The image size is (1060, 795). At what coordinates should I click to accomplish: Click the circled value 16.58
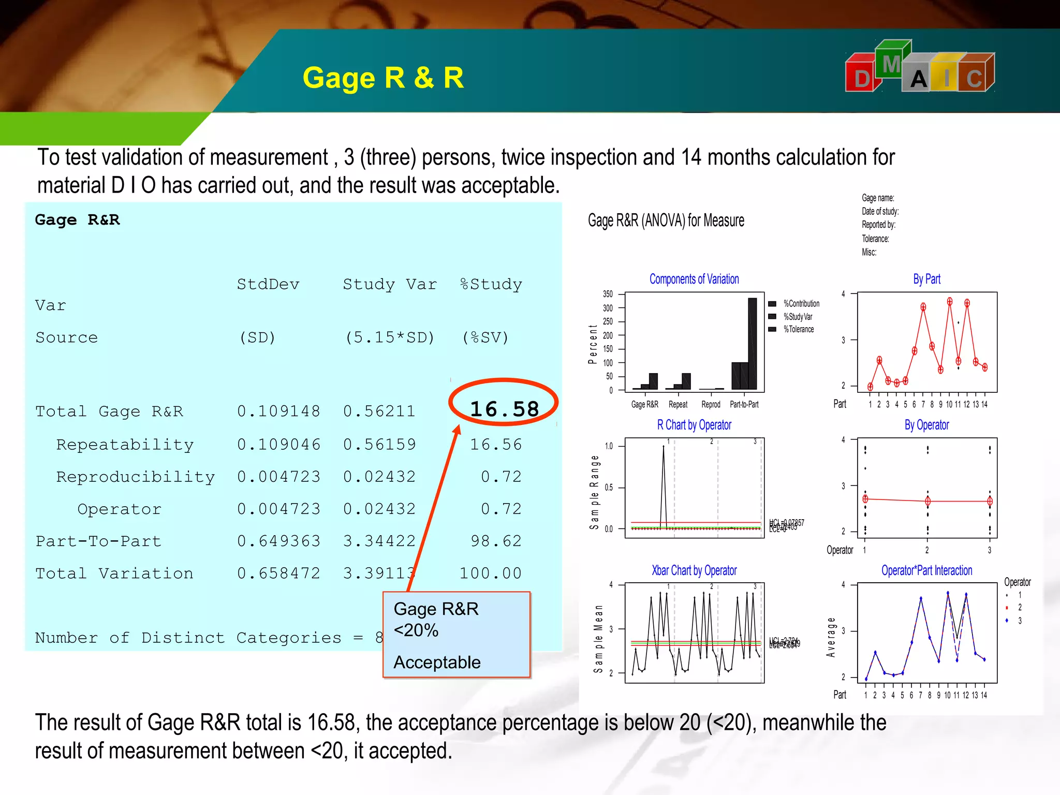coord(504,409)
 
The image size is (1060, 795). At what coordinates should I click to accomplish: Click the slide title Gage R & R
coord(383,78)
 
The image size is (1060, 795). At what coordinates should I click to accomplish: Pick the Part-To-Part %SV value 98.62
coord(496,541)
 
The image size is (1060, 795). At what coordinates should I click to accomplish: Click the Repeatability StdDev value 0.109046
coord(278,444)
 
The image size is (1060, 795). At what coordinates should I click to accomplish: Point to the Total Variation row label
coord(114,573)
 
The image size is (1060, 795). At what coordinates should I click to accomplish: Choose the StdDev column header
coord(268,284)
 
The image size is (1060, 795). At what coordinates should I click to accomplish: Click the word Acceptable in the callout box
coord(437,662)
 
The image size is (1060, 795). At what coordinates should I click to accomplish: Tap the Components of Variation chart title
coord(694,279)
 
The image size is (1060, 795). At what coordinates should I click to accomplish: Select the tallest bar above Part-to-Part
coord(752,343)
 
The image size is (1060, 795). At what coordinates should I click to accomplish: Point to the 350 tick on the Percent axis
coord(608,294)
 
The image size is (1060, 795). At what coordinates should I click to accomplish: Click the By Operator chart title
coord(926,425)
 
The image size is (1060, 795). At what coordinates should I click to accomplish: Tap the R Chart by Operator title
coord(694,425)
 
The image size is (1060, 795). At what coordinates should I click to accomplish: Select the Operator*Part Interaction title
coord(926,570)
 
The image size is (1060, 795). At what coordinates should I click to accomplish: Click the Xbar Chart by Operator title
coord(694,570)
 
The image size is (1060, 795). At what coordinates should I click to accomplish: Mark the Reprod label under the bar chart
coord(711,404)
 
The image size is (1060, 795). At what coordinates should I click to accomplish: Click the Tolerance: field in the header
coord(875,239)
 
